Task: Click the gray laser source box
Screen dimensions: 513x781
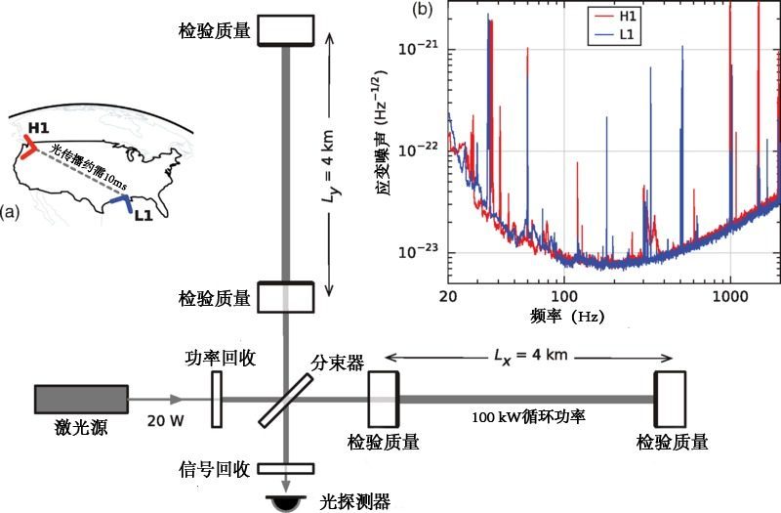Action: click(81, 400)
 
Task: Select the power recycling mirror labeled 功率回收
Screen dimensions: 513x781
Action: click(217, 399)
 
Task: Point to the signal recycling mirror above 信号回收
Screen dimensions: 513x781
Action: click(284, 468)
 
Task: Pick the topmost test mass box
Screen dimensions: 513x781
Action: click(285, 30)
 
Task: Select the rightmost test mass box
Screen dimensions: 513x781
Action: click(669, 399)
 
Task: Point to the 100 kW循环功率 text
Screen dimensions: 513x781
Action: click(526, 417)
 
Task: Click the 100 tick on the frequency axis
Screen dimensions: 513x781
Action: click(562, 295)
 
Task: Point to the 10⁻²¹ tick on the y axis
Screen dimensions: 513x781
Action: click(418, 48)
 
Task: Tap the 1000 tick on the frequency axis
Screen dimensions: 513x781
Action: click(729, 295)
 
